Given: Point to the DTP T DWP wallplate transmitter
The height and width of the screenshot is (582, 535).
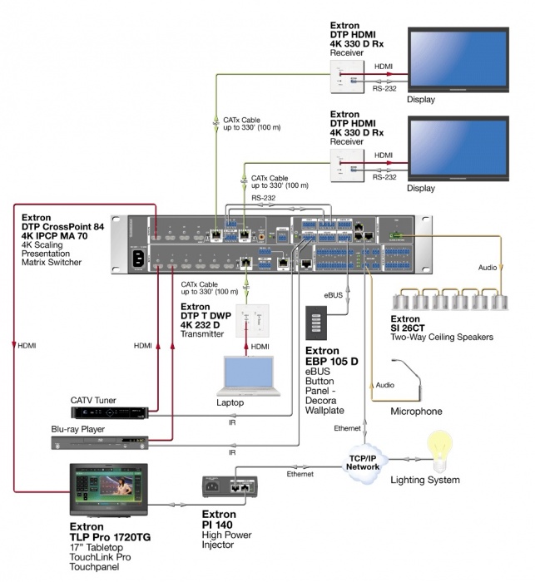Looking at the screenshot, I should [247, 319].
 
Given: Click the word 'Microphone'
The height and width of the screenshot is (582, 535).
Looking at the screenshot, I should [416, 411].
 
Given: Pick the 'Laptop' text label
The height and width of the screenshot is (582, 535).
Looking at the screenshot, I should [231, 402].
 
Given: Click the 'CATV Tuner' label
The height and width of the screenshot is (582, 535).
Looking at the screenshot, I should [94, 399].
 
